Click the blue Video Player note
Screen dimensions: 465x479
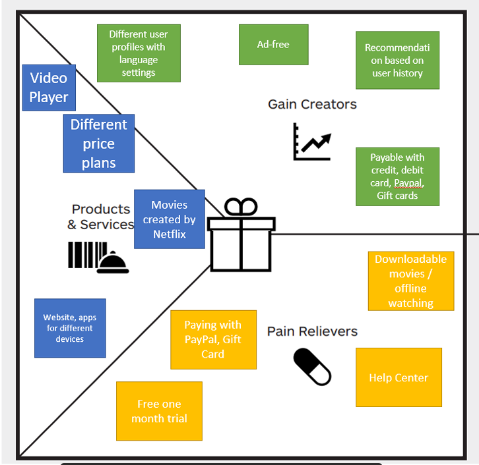[x=49, y=88]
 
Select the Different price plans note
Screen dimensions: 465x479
[x=99, y=144]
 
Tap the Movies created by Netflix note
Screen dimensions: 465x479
[x=170, y=219]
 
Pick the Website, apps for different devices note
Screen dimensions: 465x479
[x=70, y=328]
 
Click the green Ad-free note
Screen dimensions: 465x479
[x=273, y=45]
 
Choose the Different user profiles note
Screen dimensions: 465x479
[x=139, y=53]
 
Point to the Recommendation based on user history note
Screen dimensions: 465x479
[x=397, y=61]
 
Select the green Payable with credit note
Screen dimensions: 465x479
[x=397, y=177]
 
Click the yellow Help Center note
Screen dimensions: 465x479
[x=399, y=377]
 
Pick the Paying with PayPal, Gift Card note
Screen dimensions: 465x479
[x=213, y=339]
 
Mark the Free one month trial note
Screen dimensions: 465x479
[x=159, y=411]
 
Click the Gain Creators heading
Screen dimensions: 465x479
[x=312, y=104]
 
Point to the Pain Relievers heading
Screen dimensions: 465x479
[x=312, y=331]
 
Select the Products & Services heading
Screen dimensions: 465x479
[x=101, y=217]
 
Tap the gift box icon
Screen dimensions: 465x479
[x=241, y=242]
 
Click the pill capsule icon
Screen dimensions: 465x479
[x=312, y=367]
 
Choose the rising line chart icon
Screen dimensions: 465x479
[x=312, y=142]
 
